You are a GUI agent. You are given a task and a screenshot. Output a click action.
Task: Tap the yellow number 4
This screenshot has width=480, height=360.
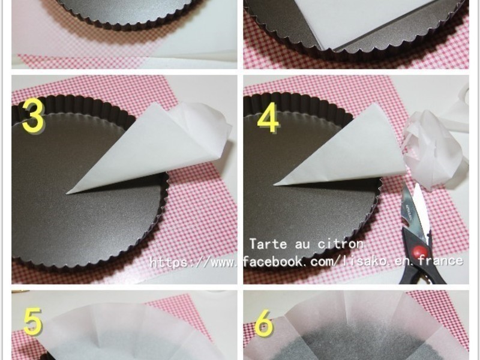268,118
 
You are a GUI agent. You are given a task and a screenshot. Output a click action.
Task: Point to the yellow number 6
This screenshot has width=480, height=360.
263,323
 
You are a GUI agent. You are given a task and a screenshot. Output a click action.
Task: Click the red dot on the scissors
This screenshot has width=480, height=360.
416,253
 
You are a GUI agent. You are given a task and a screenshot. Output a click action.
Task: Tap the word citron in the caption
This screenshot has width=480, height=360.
340,244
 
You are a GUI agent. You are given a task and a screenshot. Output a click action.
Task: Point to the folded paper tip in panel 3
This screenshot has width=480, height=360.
67,193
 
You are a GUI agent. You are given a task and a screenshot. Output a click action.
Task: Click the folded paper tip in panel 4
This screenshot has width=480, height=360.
275,185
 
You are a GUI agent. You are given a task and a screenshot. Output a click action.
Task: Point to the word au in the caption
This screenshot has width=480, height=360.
302,244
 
